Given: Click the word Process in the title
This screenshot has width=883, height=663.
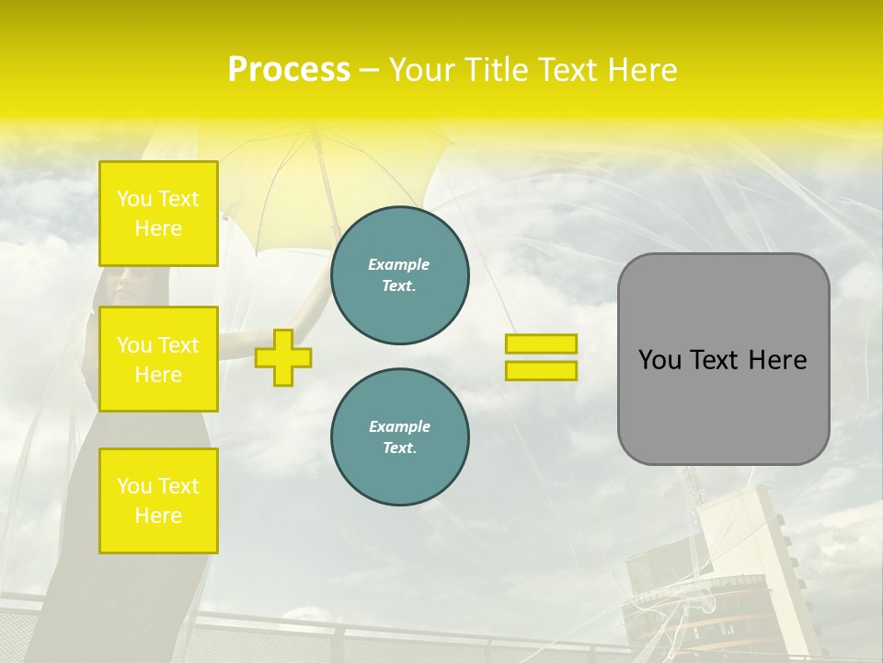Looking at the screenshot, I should [x=289, y=70].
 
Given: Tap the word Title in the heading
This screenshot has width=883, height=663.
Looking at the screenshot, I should [x=498, y=70].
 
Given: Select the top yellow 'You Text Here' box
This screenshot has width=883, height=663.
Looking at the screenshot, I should [x=158, y=214].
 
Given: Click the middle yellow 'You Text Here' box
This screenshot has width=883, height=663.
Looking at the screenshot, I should [x=158, y=359].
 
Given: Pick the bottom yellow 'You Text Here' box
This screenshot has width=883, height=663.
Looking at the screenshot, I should [x=158, y=501].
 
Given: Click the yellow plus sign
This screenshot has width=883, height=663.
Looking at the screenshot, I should [x=283, y=357].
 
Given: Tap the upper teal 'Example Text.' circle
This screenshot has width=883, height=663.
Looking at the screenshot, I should [x=400, y=275].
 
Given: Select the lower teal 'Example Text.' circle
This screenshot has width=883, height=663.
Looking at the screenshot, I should [x=400, y=437].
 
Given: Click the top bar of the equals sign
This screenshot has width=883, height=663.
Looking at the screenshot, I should [x=541, y=344].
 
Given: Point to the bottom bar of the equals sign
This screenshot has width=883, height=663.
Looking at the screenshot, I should [x=541, y=370].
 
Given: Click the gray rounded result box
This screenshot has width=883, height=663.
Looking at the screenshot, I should [x=723, y=405].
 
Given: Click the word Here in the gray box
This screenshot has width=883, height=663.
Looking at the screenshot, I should [x=777, y=360].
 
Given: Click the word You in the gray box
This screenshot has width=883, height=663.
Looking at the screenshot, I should [x=659, y=360].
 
